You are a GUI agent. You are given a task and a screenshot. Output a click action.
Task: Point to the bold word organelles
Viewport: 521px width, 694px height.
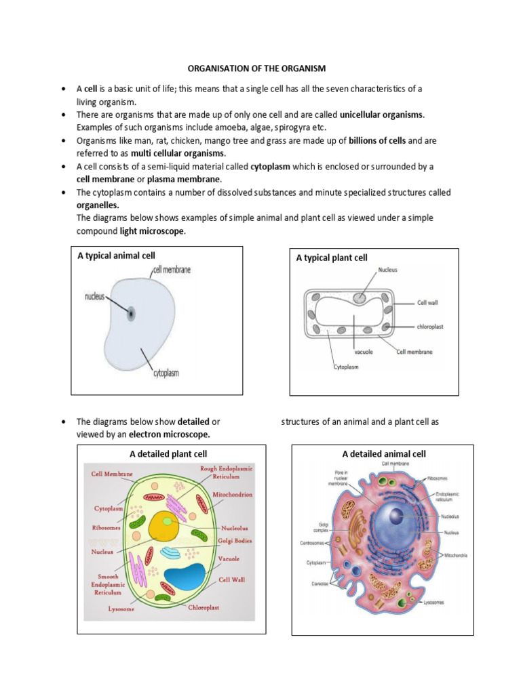point(98,205)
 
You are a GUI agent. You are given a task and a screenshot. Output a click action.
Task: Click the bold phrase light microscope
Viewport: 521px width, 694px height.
point(153,231)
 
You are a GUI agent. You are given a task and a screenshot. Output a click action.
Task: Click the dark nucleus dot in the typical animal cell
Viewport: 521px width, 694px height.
point(130,313)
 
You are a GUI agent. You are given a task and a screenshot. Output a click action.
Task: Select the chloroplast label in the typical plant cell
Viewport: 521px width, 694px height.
point(431,326)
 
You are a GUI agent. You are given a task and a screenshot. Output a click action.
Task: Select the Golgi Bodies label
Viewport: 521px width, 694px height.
point(235,540)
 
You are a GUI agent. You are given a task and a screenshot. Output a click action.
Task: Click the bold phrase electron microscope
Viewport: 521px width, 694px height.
point(170,434)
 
